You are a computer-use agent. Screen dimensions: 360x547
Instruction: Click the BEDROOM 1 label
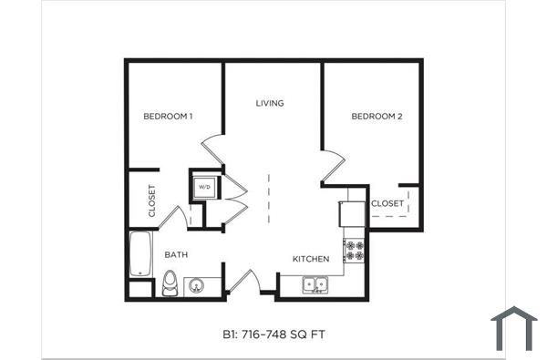click(169, 116)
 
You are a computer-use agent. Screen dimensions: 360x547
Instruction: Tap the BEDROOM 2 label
click(377, 116)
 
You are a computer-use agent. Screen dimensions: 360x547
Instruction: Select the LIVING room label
click(270, 103)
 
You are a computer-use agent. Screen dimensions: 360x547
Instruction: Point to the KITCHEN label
click(310, 259)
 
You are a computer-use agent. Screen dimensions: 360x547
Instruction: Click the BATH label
click(176, 255)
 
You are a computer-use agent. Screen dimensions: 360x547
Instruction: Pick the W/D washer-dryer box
click(204, 188)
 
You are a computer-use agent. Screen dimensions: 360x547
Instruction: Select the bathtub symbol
click(140, 253)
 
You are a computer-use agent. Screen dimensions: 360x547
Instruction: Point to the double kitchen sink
click(315, 285)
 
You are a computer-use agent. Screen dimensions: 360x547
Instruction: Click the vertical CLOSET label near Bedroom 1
click(151, 201)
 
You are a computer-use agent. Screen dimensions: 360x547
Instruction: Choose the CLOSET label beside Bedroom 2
click(387, 203)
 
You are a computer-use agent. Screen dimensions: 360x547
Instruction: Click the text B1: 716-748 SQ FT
click(273, 334)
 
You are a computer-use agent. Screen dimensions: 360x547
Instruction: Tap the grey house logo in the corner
click(514, 328)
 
